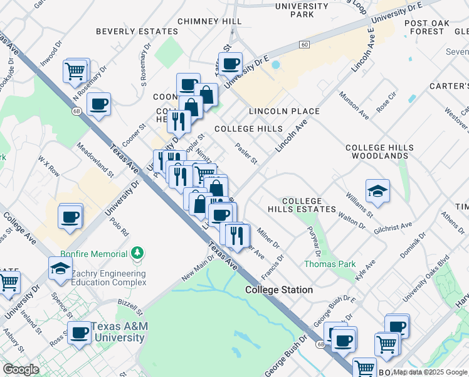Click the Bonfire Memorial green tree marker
click(x=137, y=253)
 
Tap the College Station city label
click(x=279, y=290)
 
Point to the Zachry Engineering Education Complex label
click(x=108, y=278)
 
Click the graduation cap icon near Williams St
click(x=377, y=192)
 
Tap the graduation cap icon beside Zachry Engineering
click(x=60, y=268)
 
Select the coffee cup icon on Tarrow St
click(x=231, y=63)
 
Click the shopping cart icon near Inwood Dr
click(x=75, y=70)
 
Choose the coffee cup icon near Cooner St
click(x=98, y=104)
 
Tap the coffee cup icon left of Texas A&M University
click(x=80, y=333)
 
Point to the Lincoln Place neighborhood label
click(x=284, y=111)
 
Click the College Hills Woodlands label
click(x=380, y=151)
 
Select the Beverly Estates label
click(x=137, y=31)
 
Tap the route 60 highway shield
click(x=304, y=44)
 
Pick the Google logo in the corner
click(x=21, y=369)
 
